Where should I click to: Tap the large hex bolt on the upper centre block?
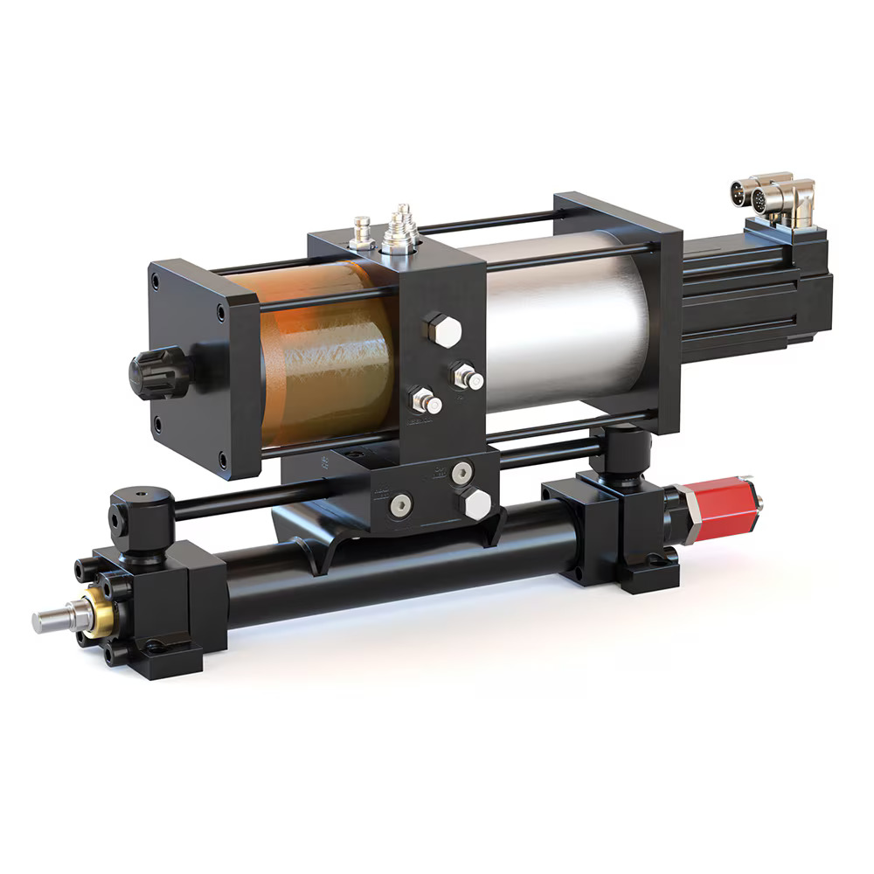coord(442,330)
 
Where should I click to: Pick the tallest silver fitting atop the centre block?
coord(400,229)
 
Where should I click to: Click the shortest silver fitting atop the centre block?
coord(359,232)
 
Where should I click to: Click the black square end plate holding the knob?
coord(197,367)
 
